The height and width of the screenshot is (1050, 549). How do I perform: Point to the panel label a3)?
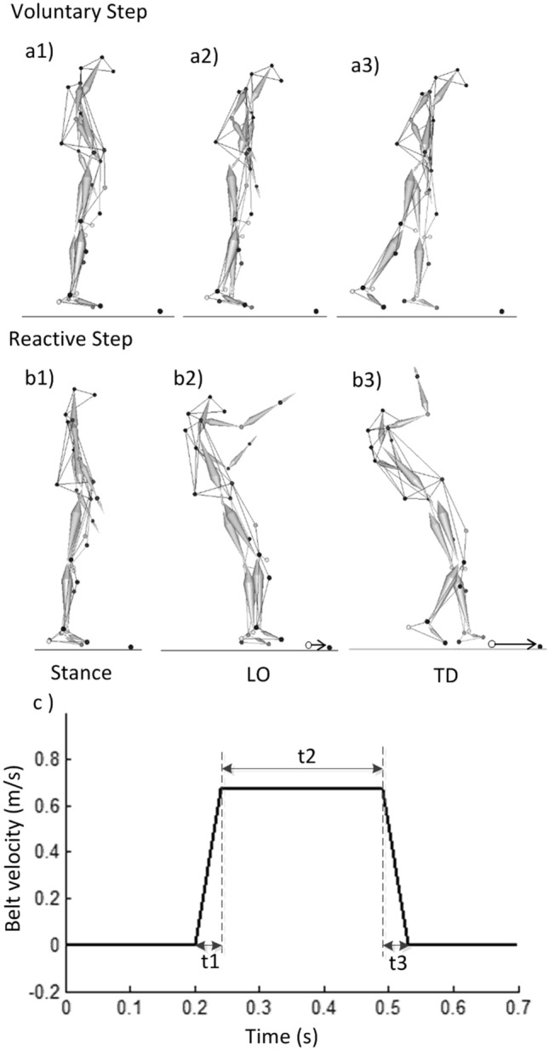[369, 66]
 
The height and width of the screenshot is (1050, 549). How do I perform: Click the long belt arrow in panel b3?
[514, 645]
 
